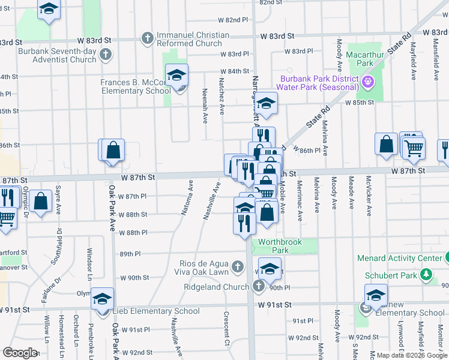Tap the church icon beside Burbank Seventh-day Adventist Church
(106, 56)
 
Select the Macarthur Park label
(360, 59)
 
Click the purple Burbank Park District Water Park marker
(367, 81)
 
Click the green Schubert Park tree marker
(426, 275)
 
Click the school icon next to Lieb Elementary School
(103, 298)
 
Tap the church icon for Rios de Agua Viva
(238, 266)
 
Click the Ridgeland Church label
(216, 287)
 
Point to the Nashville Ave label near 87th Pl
(210, 200)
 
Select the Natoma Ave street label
(187, 197)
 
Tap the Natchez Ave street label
(221, 96)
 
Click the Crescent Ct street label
(228, 324)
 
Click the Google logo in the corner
(20, 352)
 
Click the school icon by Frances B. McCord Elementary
(176, 76)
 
